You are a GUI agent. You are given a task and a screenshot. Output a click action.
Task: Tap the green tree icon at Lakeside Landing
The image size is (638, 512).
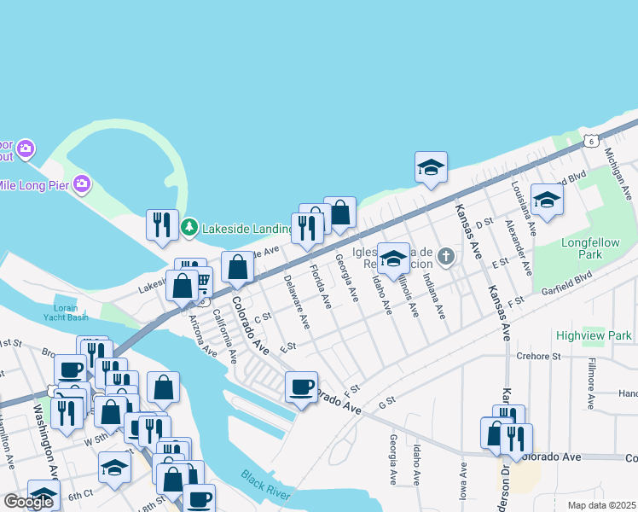(x=189, y=228)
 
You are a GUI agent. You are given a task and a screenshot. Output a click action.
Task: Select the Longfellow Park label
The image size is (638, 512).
(x=590, y=248)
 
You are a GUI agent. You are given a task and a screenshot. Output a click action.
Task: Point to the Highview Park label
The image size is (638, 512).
(x=594, y=335)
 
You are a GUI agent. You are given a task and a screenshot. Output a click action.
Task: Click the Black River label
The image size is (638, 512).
(x=264, y=486)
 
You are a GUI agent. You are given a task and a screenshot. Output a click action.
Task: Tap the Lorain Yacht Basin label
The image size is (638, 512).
(x=66, y=312)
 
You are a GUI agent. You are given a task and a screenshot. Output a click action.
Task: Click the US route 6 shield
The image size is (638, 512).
(x=590, y=141)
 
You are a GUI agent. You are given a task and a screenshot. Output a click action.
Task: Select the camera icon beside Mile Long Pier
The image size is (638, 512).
(x=82, y=183)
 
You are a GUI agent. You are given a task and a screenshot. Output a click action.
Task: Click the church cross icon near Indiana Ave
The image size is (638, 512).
(x=445, y=256)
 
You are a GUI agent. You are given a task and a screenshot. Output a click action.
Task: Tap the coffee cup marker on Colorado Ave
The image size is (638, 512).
(x=301, y=387)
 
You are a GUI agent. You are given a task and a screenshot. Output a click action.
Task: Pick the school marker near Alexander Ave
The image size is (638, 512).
(x=547, y=200)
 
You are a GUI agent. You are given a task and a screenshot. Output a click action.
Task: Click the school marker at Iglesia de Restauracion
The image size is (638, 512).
(x=393, y=258)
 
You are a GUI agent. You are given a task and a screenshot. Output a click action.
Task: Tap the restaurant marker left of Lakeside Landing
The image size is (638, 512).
(x=162, y=225)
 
